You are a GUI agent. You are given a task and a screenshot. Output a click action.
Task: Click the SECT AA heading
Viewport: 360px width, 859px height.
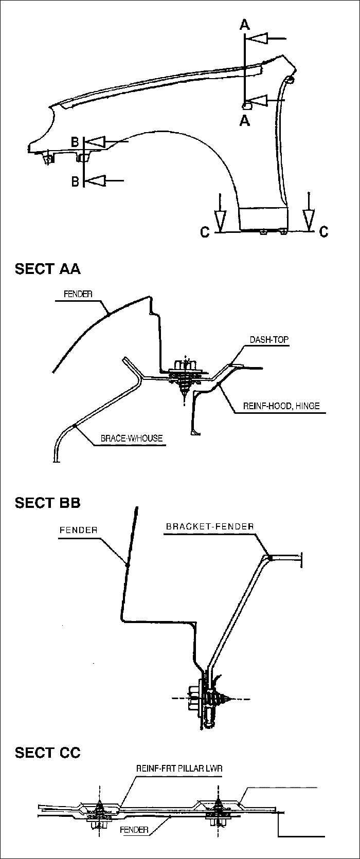(x=48, y=269)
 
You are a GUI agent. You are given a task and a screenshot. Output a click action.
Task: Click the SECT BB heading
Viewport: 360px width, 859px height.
(x=48, y=502)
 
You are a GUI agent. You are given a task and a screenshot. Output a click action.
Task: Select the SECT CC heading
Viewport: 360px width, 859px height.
(x=48, y=753)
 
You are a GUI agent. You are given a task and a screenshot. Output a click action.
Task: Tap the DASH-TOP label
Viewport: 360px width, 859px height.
(x=269, y=339)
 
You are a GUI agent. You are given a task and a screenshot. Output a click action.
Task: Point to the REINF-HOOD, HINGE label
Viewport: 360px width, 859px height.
(x=281, y=406)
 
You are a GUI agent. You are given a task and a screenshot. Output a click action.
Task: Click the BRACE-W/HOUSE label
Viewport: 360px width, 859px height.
(x=132, y=438)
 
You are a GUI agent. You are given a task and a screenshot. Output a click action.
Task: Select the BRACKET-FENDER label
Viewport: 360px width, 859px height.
(x=210, y=526)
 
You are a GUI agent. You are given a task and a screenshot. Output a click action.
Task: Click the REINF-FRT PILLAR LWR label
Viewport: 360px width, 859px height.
(x=179, y=768)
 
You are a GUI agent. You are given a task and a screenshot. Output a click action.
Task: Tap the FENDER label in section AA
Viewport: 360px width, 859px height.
(x=78, y=294)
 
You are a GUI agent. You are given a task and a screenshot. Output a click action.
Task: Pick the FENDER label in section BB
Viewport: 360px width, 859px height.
(x=78, y=530)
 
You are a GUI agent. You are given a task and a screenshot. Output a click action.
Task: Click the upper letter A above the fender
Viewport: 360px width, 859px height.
(x=244, y=25)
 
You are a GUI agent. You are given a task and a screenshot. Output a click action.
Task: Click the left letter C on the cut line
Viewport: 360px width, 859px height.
(x=205, y=232)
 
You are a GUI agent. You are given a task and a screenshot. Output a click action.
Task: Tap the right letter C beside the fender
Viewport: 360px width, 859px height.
(x=324, y=231)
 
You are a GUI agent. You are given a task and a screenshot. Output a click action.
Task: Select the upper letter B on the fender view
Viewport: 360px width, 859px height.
(x=75, y=142)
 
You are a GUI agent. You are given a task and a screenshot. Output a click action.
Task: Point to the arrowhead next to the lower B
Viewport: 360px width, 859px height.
(x=95, y=180)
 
